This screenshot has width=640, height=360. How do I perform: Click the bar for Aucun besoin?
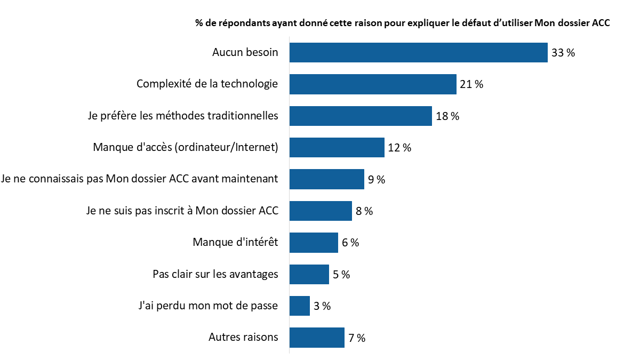point(418,53)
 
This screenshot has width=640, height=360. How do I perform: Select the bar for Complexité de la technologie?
point(373,84)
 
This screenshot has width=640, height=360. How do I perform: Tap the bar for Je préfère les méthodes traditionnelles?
point(361,116)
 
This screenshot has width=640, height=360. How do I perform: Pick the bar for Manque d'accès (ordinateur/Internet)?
point(337,148)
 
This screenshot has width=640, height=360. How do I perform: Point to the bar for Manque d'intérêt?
point(314,243)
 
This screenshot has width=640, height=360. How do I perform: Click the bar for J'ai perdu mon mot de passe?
point(299,306)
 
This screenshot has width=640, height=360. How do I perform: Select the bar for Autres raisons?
point(317,338)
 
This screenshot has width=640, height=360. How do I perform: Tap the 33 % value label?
point(563,53)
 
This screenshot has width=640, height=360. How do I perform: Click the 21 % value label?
point(471,85)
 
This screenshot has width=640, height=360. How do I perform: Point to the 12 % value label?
point(399,148)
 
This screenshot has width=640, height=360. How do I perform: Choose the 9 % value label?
point(377,180)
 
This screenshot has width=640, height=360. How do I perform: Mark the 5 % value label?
point(341,275)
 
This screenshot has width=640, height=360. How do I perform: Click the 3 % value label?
point(322,306)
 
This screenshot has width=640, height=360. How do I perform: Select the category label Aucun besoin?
point(245,53)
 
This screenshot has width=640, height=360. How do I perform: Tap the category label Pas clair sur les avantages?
point(215,275)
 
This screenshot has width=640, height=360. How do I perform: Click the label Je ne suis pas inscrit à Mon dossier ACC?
point(182,211)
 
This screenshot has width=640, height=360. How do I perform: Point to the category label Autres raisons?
point(243,338)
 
